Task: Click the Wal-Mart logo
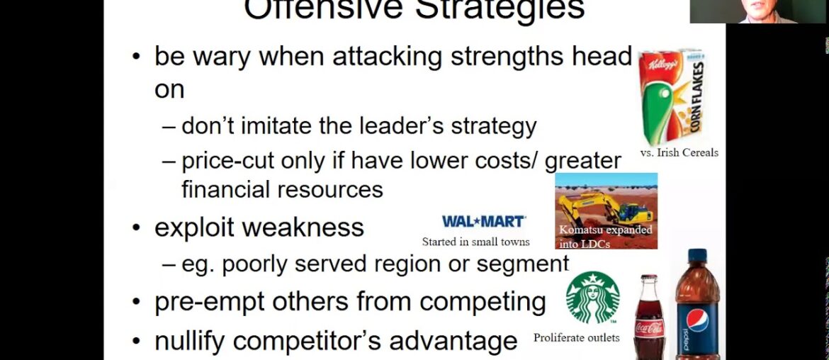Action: [x=483, y=222]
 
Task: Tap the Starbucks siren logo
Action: [x=592, y=298]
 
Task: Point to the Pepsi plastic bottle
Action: [x=697, y=305]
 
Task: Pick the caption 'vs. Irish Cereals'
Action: [x=679, y=152]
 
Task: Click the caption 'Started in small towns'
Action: [x=475, y=242]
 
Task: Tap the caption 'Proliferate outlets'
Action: [x=576, y=338]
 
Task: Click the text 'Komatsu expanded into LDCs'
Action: [x=605, y=237]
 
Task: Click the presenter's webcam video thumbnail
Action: [x=759, y=11]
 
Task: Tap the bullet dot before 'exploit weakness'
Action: [x=137, y=228]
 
